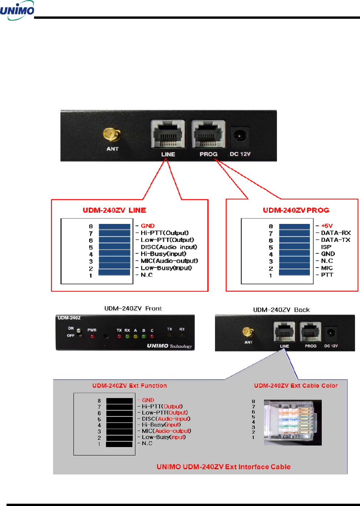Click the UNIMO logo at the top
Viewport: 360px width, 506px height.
[17, 10]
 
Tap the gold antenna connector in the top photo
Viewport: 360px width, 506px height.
[112, 134]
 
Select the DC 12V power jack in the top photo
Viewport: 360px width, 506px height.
[240, 137]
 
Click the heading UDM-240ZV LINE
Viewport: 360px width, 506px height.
[114, 210]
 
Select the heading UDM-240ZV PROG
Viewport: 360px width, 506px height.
[296, 210]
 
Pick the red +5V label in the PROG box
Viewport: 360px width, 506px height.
[327, 226]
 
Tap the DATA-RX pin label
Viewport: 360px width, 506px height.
[336, 233]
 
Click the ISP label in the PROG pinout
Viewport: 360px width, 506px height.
[326, 247]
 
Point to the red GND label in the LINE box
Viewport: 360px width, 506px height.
[148, 226]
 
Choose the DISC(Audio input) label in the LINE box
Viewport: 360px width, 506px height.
[169, 247]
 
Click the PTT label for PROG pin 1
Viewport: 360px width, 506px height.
[327, 275]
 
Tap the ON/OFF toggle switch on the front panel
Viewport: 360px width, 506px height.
[79, 332]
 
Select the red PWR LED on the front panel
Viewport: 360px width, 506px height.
[92, 336]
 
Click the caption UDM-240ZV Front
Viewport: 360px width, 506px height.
[133, 308]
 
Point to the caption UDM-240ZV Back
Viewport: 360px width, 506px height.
[281, 310]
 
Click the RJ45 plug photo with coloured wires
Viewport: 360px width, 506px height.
[293, 423]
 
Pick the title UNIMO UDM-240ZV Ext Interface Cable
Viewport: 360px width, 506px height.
[223, 467]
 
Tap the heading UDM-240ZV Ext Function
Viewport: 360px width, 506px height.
[129, 386]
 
